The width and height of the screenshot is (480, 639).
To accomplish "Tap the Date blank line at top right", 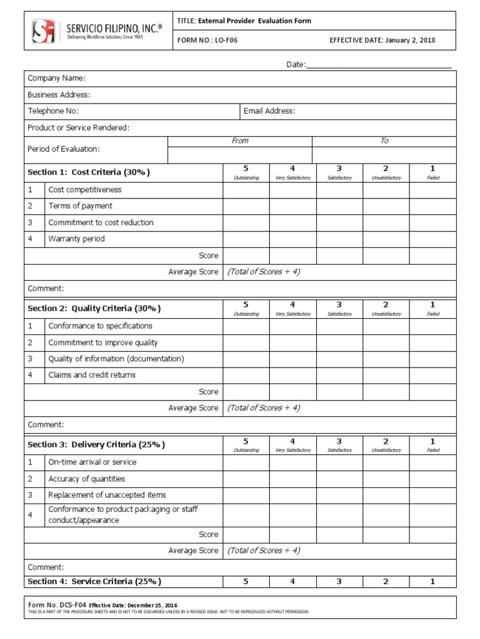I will (378, 65).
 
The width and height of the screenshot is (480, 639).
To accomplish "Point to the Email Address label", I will (269, 111).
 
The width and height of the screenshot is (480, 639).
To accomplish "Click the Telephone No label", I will (53, 111).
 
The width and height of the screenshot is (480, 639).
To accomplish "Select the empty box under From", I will (239, 155).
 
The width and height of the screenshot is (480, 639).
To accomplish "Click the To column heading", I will (384, 141).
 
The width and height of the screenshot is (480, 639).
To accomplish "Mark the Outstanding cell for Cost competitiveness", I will (246, 190).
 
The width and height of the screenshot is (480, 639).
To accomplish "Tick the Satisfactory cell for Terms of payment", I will (339, 206).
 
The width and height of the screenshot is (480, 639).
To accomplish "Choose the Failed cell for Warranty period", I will (432, 239).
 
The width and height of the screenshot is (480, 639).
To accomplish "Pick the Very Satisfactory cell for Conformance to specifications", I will (292, 326).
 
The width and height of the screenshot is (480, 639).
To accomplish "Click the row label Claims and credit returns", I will (92, 375).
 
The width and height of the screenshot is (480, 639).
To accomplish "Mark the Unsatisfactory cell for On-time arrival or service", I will (386, 462).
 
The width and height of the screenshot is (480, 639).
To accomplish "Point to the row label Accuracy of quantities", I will (86, 479).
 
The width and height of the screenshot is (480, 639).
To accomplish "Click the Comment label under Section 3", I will (46, 567).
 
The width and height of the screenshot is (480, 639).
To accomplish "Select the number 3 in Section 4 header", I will (339, 582).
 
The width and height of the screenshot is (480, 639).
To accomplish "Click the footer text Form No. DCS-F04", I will (56, 605).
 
